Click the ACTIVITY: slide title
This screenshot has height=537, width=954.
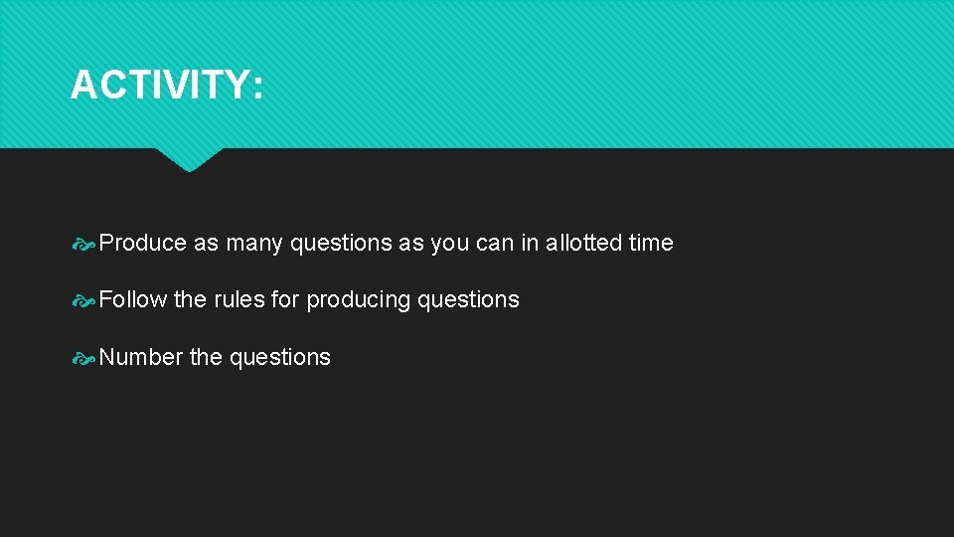click(x=167, y=86)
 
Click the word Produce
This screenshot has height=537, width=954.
click(x=143, y=243)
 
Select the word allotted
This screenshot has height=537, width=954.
click(x=584, y=243)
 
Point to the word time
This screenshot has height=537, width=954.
click(x=651, y=243)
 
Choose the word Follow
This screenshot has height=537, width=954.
click(x=133, y=299)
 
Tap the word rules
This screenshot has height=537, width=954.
click(x=238, y=299)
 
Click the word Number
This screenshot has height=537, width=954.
click(x=141, y=357)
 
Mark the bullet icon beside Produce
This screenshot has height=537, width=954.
click(x=84, y=244)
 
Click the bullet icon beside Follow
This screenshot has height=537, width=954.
click(x=84, y=300)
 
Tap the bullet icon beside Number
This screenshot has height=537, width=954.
click(x=84, y=358)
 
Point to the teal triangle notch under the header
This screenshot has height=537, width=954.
click(x=189, y=159)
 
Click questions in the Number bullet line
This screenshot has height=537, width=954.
click(x=280, y=358)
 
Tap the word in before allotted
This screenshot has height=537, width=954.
click(x=529, y=243)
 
